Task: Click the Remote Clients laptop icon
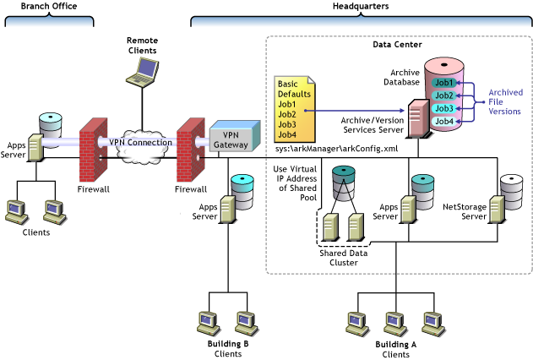click(141, 71)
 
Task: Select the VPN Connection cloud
click(139, 142)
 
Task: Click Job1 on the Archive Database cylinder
click(443, 83)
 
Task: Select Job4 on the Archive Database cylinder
click(443, 122)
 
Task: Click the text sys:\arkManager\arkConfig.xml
click(324, 149)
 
